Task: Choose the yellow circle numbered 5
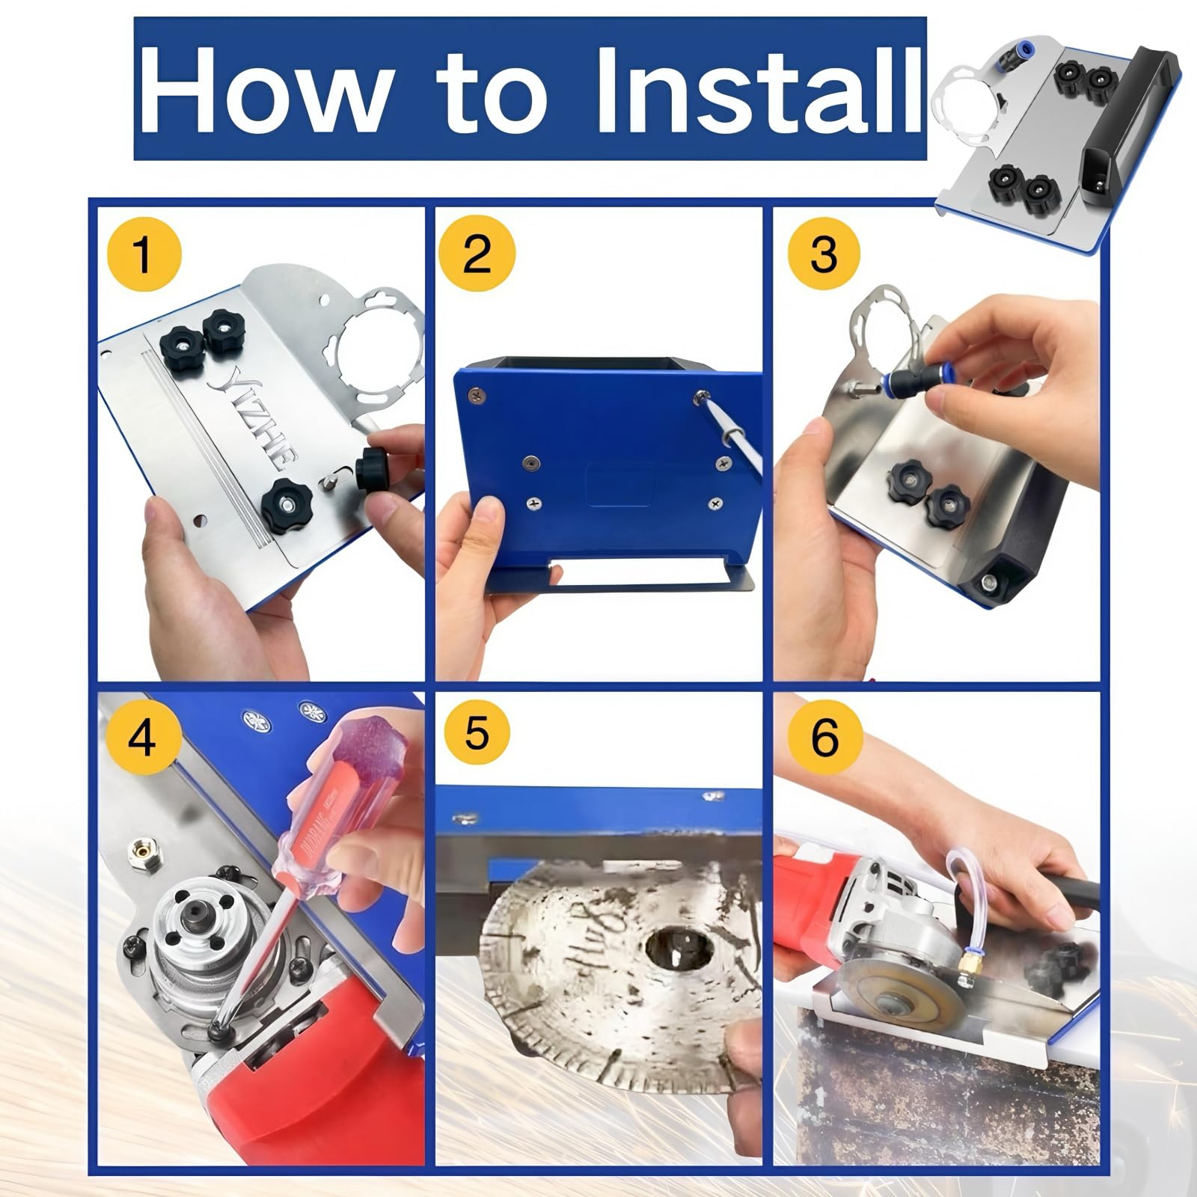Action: [x=477, y=733]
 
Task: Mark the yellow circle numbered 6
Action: [x=824, y=736]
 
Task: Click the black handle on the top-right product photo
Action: [x=1137, y=127]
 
